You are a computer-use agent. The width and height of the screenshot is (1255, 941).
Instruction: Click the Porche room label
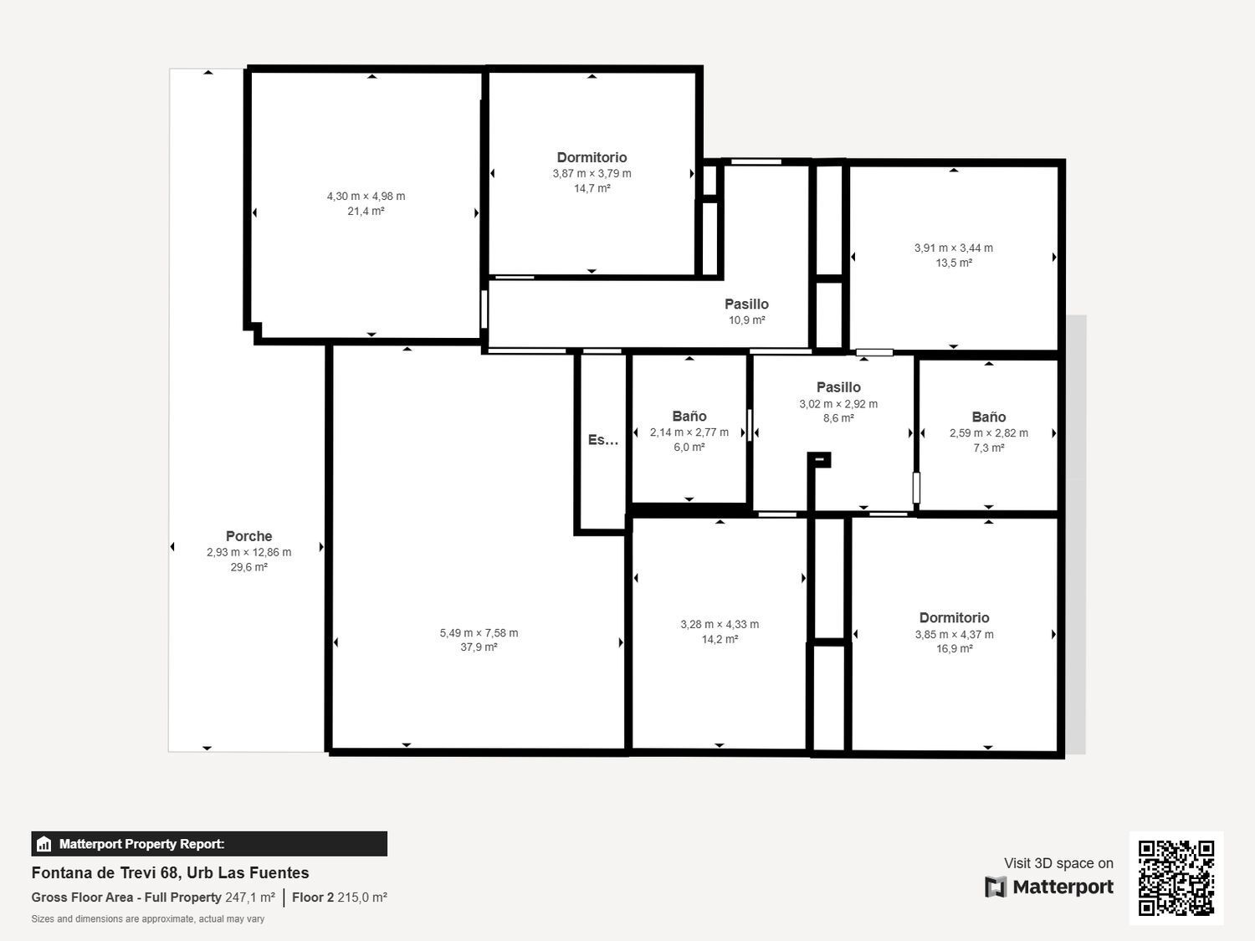click(x=248, y=536)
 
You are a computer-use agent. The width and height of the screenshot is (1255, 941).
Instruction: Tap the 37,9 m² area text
click(x=479, y=647)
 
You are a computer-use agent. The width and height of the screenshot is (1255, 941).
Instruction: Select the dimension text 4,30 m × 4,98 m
click(x=366, y=197)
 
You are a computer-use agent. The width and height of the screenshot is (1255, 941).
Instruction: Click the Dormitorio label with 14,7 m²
click(x=592, y=157)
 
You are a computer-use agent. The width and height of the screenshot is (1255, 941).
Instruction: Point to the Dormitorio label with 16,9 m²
click(x=954, y=618)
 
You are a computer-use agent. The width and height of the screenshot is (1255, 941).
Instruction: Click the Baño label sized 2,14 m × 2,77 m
click(x=689, y=417)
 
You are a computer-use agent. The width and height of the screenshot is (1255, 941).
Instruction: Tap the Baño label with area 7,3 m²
click(x=988, y=417)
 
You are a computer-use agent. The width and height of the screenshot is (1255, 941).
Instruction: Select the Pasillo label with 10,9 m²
click(x=746, y=304)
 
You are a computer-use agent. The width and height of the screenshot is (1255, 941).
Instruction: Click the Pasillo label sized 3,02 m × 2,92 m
click(x=838, y=387)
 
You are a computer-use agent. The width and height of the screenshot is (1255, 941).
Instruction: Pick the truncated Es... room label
click(x=602, y=440)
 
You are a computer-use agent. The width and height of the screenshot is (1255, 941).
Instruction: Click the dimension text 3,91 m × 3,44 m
click(x=953, y=248)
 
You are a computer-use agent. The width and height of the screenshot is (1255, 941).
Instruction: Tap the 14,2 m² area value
click(x=720, y=640)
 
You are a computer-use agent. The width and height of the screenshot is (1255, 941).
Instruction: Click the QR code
click(x=1176, y=877)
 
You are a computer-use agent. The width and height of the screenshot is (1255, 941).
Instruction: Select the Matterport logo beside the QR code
click(x=1049, y=887)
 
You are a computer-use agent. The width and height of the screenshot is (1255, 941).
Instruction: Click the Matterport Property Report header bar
click(x=209, y=844)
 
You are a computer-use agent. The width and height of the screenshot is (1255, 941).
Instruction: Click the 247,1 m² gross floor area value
click(x=250, y=898)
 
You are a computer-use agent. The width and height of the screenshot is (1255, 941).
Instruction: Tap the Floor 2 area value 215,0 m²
click(x=361, y=898)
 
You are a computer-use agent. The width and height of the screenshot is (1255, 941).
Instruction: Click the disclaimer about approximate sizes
click(x=148, y=919)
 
